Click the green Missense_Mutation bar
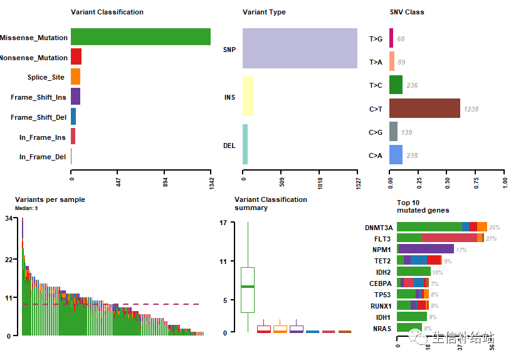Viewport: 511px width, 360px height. tap(140, 37)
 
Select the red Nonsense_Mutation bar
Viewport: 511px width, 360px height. tap(76, 57)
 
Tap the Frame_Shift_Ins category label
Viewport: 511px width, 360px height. tap(38, 97)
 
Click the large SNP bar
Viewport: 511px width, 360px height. tap(300, 48)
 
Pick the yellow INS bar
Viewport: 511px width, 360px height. tap(248, 97)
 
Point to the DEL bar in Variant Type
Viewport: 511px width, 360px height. tap(245, 145)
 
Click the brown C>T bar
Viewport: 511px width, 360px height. tap(424, 109)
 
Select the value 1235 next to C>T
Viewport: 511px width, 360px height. tap(471, 109)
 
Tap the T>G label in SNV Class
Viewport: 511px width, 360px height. tap(376, 39)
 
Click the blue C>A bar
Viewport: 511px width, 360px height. tap(396, 155)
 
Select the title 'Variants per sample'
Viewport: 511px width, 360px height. tap(50, 199)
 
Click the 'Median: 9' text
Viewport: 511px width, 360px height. tap(26, 208)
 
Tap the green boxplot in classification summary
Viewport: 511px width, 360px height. tap(248, 289)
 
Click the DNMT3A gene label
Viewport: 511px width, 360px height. tap(379, 228)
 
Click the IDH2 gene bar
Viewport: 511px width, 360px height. tap(413, 272)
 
